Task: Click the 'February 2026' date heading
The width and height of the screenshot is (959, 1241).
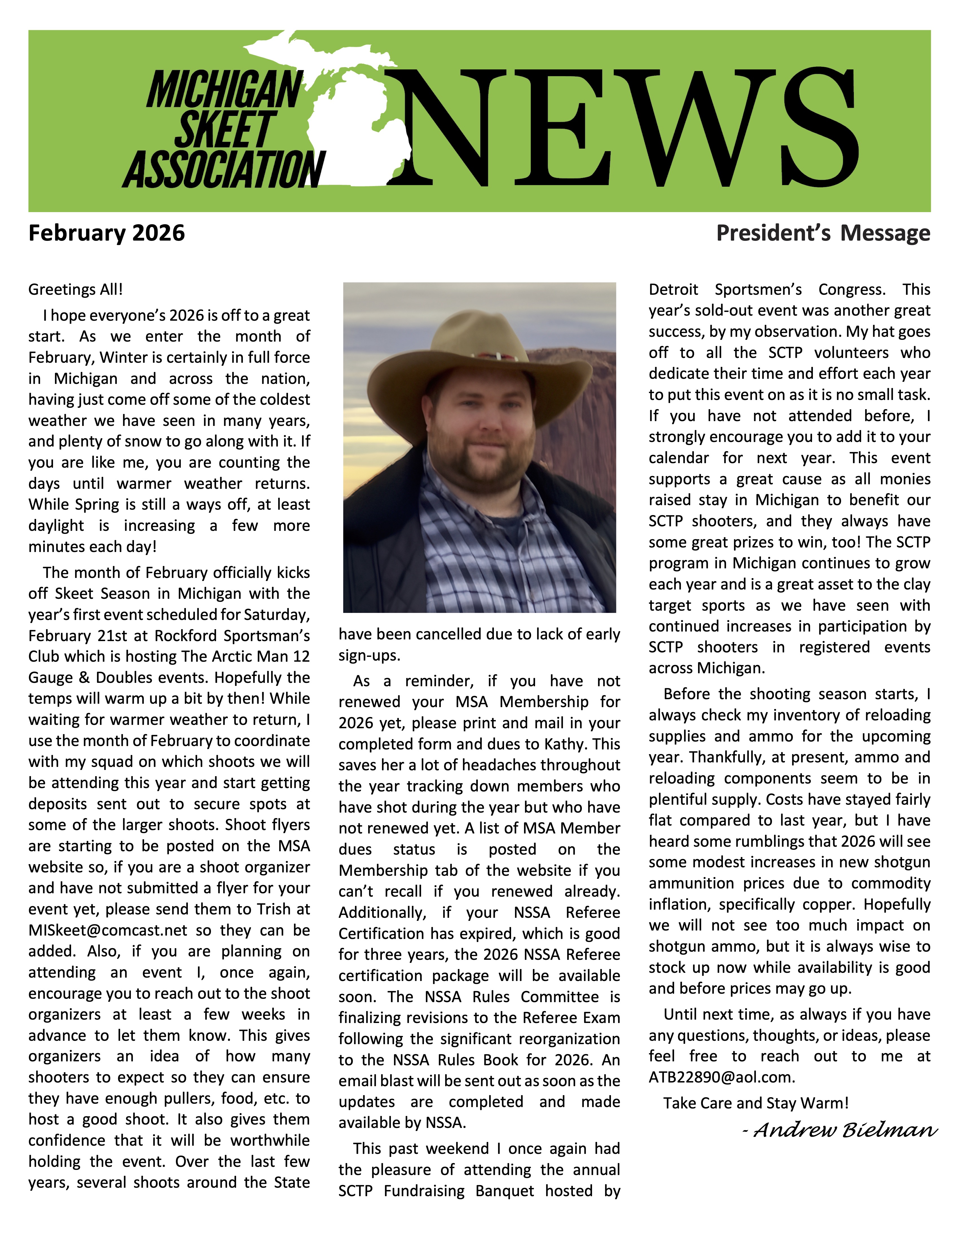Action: tap(107, 233)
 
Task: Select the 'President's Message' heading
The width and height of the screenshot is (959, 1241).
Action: tap(823, 233)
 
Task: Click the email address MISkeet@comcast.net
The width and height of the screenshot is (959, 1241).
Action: tap(108, 930)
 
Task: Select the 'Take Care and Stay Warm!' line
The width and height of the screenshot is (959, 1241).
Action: tap(756, 1103)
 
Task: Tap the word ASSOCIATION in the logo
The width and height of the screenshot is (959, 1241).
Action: tap(225, 169)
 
